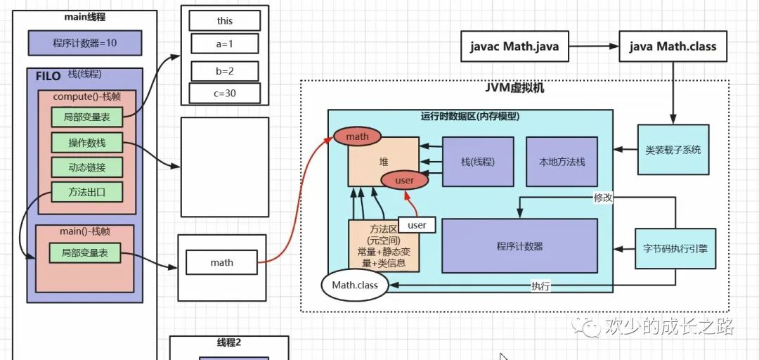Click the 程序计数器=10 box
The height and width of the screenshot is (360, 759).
click(x=84, y=43)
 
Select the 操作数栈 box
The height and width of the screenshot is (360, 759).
click(x=86, y=143)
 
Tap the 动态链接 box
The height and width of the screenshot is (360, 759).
click(x=86, y=167)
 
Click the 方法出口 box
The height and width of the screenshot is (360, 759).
click(x=86, y=191)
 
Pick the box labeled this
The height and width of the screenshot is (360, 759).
click(x=224, y=21)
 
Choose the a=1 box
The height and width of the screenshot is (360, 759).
click(x=224, y=44)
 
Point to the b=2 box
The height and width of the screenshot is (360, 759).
click(x=224, y=71)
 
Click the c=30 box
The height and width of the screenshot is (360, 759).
click(x=224, y=93)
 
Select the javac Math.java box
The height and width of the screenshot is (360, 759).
click(x=514, y=46)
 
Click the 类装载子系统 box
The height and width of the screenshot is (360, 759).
click(x=673, y=150)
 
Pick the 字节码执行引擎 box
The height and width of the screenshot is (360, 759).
click(x=675, y=247)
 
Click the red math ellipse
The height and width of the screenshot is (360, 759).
click(x=357, y=136)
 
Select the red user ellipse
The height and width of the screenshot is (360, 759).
click(x=405, y=181)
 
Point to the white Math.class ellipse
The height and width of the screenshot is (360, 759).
click(x=355, y=285)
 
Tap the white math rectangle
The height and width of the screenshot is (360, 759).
click(x=221, y=262)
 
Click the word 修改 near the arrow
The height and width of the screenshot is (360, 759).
click(x=603, y=198)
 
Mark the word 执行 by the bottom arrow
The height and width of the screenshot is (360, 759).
click(x=540, y=286)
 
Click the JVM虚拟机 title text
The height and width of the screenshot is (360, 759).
click(x=514, y=89)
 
